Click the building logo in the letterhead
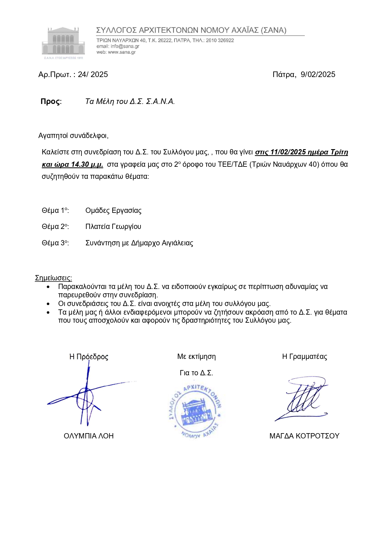(x=63, y=42)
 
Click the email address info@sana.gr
(x=125, y=46)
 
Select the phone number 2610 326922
(x=220, y=41)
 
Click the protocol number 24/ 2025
(x=93, y=75)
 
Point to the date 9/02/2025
(x=318, y=75)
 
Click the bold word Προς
(x=50, y=101)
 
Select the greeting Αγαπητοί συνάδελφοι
(x=73, y=136)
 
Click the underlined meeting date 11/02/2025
(x=288, y=152)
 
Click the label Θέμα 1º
(x=55, y=211)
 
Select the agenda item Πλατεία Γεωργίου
(x=113, y=227)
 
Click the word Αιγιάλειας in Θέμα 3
(x=177, y=243)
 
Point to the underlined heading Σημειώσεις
(x=53, y=278)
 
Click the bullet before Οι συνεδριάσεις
(x=48, y=304)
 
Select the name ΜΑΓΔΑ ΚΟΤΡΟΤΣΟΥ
(x=304, y=436)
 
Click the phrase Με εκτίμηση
(x=196, y=357)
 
